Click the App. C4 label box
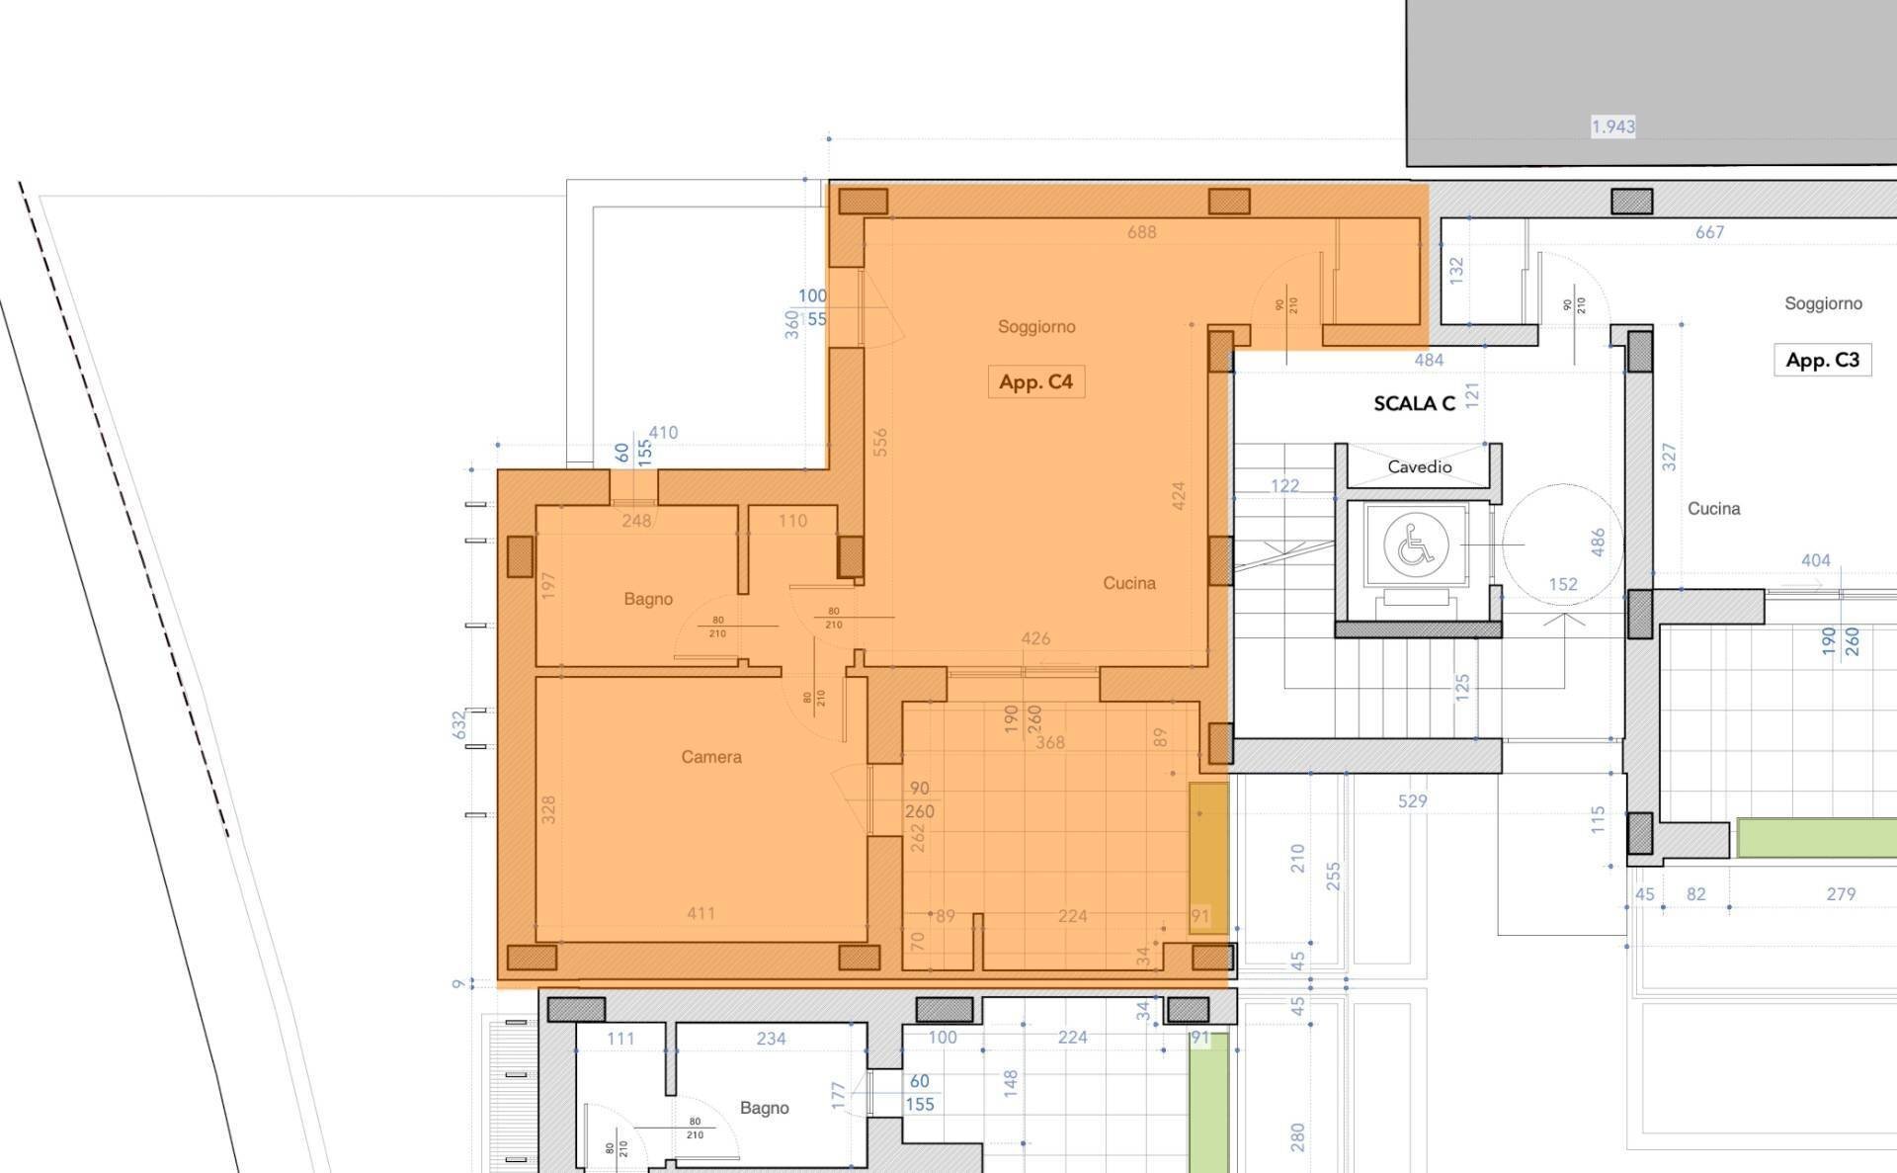click(1035, 382)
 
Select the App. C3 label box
click(1822, 360)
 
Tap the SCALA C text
click(1414, 403)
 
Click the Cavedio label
click(1419, 466)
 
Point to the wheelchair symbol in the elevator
click(1415, 545)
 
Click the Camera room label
click(710, 757)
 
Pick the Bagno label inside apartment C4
click(648, 599)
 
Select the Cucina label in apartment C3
click(1713, 509)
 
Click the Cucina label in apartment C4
click(1128, 583)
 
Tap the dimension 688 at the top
click(1141, 232)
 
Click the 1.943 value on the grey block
click(1612, 126)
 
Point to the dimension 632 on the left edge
click(458, 724)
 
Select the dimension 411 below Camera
click(701, 913)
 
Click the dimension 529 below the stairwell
click(1412, 801)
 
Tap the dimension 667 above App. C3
click(1709, 232)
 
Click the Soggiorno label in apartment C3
click(1823, 303)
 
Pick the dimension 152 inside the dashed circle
click(1562, 584)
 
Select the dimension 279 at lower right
click(1840, 894)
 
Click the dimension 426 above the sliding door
click(1034, 638)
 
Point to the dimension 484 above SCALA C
click(1429, 361)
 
